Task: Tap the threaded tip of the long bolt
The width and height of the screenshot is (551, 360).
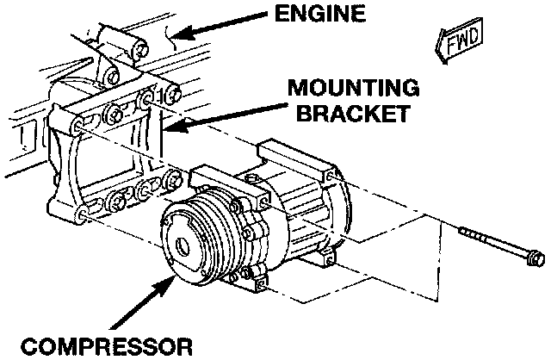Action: click(x=466, y=232)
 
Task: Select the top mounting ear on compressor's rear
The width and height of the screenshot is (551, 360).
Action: click(x=285, y=155)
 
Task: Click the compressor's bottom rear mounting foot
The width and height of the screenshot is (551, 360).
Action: click(x=328, y=256)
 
